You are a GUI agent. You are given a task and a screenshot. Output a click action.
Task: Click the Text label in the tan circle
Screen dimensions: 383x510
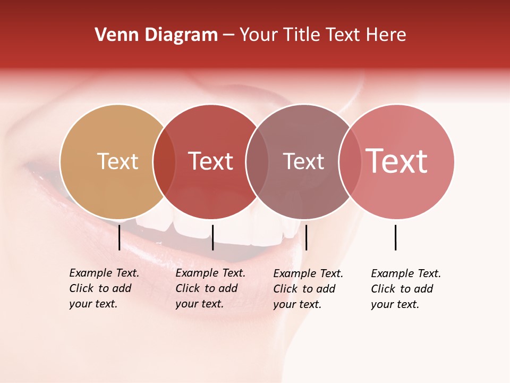point(117,161)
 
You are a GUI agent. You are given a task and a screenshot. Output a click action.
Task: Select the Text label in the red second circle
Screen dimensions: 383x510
point(210,161)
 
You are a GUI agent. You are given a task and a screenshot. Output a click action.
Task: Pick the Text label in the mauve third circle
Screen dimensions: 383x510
point(303,161)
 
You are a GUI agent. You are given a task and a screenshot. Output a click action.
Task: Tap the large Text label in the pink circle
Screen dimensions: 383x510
point(397,161)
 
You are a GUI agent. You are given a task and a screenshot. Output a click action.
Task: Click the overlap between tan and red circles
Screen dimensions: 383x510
point(164,162)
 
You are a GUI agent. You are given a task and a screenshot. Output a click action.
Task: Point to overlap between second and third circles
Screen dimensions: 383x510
point(257,162)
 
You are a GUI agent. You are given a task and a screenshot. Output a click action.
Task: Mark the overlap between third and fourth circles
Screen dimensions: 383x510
point(350,162)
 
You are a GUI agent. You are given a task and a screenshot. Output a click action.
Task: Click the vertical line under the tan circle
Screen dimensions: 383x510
point(119,237)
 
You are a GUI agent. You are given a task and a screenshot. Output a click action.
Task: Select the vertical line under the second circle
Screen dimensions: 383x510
point(212,237)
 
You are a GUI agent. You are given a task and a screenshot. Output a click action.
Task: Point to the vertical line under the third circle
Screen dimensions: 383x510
point(306,237)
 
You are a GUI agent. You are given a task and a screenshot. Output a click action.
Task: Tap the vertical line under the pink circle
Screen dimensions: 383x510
point(395,237)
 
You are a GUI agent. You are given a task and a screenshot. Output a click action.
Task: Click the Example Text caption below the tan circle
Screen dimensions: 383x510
point(104,288)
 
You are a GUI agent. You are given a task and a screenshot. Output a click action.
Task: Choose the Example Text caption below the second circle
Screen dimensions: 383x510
point(210,288)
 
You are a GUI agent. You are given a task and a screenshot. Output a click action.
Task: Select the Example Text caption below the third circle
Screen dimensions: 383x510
point(308,289)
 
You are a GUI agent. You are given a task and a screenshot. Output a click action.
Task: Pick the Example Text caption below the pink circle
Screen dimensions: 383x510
point(405,289)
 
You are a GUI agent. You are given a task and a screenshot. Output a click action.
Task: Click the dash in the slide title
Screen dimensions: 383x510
point(228,36)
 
